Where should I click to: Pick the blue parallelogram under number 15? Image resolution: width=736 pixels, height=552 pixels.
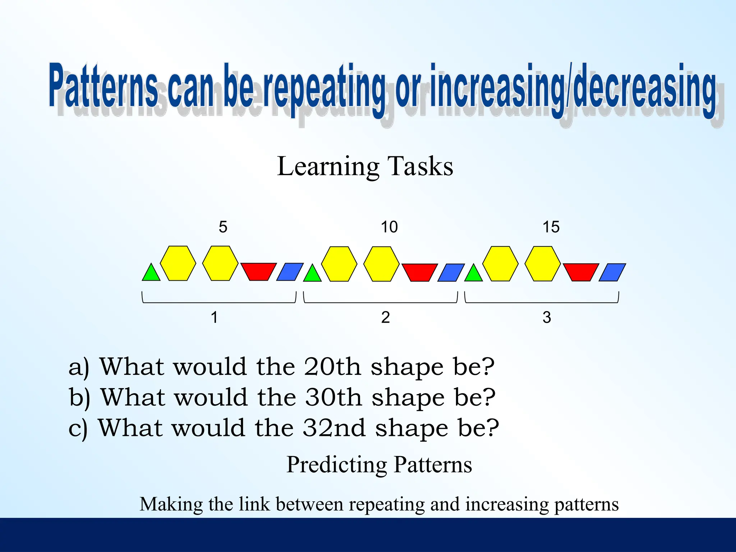pos(612,272)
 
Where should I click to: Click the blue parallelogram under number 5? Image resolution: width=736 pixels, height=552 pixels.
pos(290,272)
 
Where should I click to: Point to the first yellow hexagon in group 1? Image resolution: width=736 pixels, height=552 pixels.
pos(178,263)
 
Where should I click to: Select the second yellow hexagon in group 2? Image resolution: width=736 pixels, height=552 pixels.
pos(381,264)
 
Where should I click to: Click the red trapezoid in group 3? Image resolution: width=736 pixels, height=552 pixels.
pos(580,271)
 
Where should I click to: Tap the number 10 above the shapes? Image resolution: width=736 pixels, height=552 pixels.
pos(389,227)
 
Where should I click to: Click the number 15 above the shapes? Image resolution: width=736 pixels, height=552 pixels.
pos(551,227)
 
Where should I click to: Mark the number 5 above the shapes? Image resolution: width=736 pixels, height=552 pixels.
pos(223,227)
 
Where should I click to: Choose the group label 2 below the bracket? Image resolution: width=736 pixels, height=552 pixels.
pos(385,318)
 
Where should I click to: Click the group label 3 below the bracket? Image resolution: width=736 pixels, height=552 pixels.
pos(547,318)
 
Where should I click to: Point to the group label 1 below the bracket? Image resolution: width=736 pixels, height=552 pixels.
pos(214,318)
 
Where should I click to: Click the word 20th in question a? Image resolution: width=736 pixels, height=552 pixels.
pos(332,367)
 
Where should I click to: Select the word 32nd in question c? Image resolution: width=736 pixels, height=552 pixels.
pos(334,428)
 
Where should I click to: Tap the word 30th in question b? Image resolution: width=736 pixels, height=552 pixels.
pos(333,397)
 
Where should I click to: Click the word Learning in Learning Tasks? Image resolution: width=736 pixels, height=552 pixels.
pos(328,167)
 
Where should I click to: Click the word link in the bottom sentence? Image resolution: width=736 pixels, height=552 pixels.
pos(254,504)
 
